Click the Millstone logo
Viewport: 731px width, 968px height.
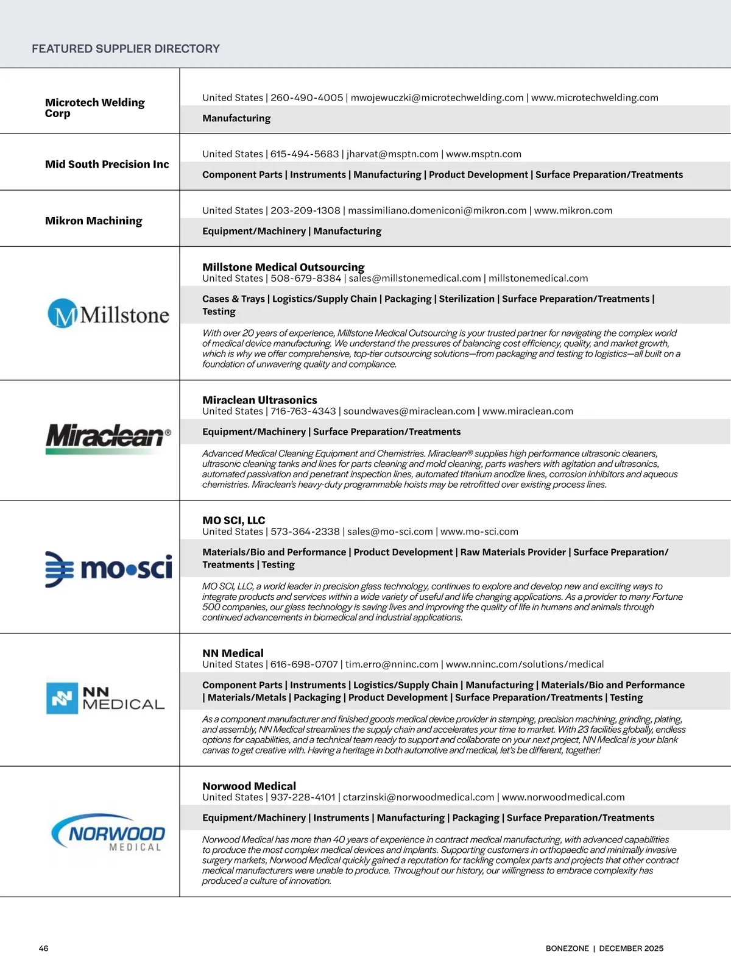[108, 314]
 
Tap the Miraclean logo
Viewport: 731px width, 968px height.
[108, 438]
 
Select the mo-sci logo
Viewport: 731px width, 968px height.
[108, 569]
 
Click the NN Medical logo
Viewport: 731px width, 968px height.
[105, 699]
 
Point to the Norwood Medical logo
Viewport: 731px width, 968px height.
[108, 832]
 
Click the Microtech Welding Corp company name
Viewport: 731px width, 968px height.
[94, 108]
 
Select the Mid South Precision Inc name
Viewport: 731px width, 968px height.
[107, 165]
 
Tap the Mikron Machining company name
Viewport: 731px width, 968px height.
[93, 221]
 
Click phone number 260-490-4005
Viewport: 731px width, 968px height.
[306, 98]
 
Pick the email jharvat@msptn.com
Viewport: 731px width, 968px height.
[392, 154]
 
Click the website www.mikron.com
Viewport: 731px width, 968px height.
[573, 211]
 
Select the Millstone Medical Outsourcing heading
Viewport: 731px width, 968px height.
[283, 267]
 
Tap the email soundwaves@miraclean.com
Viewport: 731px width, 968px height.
[409, 411]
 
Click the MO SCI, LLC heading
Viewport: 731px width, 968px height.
[233, 521]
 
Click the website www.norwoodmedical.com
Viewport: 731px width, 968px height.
[563, 797]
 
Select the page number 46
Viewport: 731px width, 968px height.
[43, 948]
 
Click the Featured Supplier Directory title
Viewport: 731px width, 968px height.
[125, 49]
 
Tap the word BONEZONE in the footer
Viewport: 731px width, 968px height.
[567, 948]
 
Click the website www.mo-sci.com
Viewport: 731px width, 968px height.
[479, 532]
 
